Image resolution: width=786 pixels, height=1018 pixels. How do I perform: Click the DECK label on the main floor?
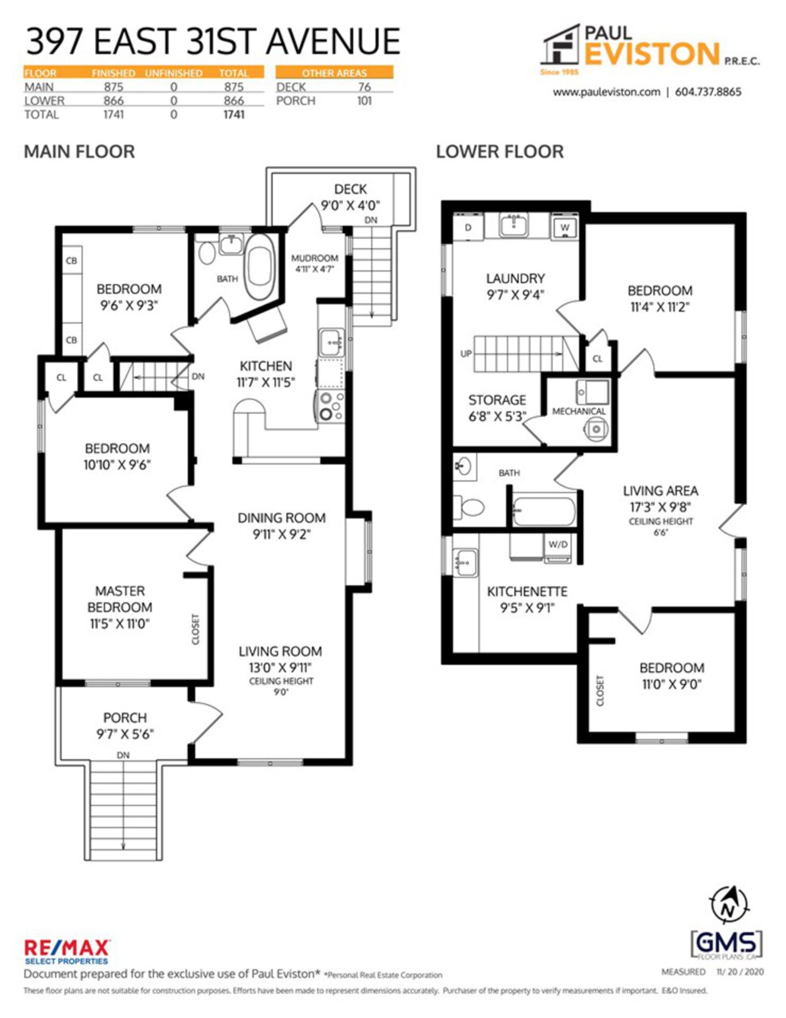tap(350, 189)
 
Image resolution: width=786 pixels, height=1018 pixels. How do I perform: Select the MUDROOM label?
tap(315, 258)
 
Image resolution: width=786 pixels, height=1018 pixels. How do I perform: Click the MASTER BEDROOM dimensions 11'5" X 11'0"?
tap(120, 624)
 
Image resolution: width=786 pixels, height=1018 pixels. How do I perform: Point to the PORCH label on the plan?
tap(125, 717)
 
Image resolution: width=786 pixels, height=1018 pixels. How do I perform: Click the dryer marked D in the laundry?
tap(468, 227)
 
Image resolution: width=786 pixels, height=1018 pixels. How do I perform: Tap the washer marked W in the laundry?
tap(565, 227)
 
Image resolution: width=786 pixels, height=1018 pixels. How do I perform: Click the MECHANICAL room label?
tap(579, 411)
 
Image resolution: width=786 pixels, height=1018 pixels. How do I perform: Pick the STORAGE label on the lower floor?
tap(497, 400)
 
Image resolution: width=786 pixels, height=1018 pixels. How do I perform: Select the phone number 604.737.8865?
tap(708, 92)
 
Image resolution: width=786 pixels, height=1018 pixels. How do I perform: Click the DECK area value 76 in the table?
tap(364, 87)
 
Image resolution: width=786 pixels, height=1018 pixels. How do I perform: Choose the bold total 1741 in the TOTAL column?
tap(234, 115)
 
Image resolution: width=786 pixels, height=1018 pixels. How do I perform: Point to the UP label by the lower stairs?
tap(466, 354)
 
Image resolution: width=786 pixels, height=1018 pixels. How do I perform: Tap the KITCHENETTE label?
tap(527, 592)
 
